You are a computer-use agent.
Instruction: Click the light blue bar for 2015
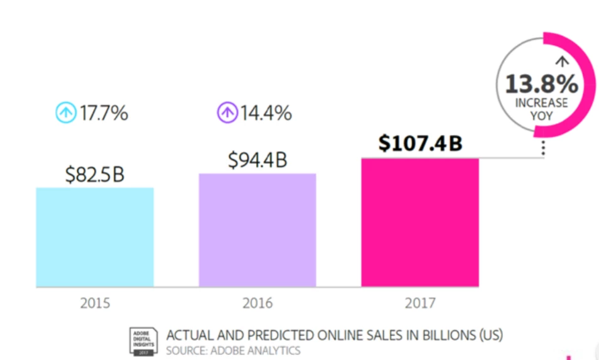[x=95, y=237]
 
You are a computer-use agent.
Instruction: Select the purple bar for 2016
[x=257, y=230]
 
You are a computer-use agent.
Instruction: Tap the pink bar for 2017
[x=420, y=222]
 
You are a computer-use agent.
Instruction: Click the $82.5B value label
[x=95, y=174]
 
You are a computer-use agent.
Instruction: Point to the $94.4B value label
[x=257, y=160]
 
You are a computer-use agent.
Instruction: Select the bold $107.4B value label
[x=420, y=144]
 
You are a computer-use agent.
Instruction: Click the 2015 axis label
[x=95, y=303]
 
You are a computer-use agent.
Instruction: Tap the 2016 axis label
[x=257, y=303]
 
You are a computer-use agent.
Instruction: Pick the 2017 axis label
[x=420, y=303]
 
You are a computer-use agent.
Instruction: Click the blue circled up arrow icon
[x=65, y=114]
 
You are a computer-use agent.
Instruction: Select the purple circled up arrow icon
[x=227, y=114]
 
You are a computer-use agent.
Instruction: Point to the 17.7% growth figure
[x=104, y=114]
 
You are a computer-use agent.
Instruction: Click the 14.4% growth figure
[x=266, y=114]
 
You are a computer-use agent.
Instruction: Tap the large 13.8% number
[x=542, y=83]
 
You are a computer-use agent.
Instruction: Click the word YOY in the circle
[x=542, y=116]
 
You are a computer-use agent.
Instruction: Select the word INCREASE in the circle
[x=542, y=103]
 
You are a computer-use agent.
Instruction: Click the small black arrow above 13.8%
[x=562, y=62]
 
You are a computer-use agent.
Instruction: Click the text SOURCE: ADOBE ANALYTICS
[x=233, y=350]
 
